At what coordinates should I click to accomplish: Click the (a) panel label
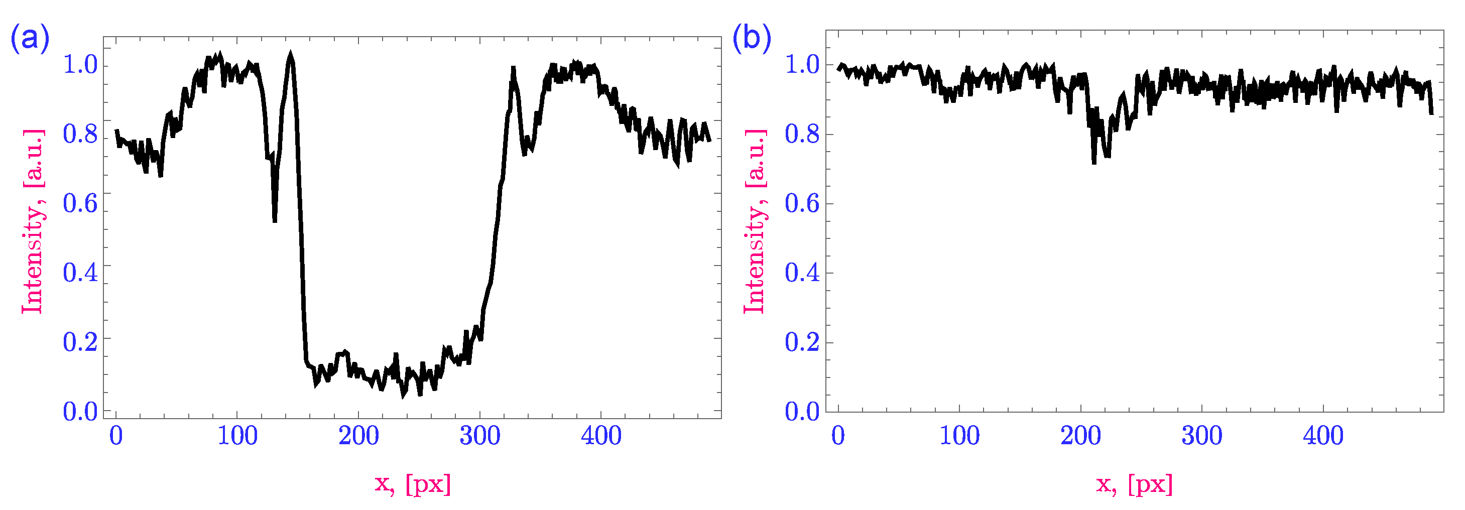coord(30,39)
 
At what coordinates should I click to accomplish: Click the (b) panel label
coord(751,39)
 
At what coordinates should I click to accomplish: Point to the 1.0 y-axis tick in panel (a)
coord(80,64)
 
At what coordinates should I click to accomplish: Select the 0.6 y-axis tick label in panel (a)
coord(80,203)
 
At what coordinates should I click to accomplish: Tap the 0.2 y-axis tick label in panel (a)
coord(80,342)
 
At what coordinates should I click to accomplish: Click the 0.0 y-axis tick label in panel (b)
coord(802,411)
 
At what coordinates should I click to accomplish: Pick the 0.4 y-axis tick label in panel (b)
coord(802,273)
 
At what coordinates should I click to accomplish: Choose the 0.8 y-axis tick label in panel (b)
coord(802,134)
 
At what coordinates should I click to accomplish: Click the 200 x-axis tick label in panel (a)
coord(358,436)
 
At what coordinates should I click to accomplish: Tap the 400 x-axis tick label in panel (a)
coord(601,436)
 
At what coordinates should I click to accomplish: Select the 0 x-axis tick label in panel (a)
coord(116,436)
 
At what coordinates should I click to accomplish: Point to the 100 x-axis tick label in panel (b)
coord(959,436)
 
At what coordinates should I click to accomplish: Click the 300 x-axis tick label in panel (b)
coord(1202,436)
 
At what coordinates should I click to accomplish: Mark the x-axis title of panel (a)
coord(413,484)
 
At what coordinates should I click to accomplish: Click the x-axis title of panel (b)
coord(1135,484)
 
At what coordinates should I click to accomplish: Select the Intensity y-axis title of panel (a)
coord(33,222)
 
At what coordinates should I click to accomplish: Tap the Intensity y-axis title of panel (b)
coord(754,222)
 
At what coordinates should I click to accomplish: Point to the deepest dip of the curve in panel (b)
coord(1093,162)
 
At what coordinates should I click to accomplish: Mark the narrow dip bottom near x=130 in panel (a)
coord(275,220)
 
